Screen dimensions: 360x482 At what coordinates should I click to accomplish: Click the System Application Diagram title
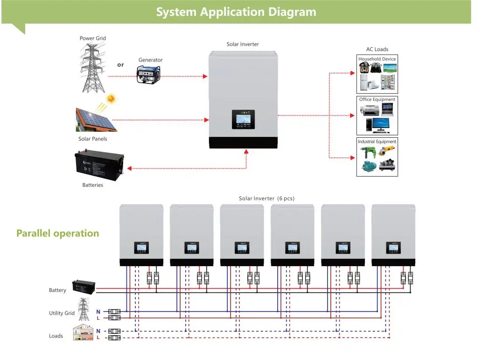[236, 12]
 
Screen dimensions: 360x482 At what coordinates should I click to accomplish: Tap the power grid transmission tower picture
[92, 68]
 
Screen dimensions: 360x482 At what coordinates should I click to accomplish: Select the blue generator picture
[148, 74]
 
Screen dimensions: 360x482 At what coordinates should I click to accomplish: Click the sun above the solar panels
[111, 99]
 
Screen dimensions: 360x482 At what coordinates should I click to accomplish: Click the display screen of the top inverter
[243, 119]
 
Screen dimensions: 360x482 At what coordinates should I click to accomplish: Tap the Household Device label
[377, 59]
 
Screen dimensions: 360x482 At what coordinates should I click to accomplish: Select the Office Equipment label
[377, 99]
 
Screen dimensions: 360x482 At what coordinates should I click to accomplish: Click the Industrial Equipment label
[377, 141]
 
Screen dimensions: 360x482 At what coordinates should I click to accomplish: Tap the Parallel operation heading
[58, 233]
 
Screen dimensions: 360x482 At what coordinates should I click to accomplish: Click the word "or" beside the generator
[120, 65]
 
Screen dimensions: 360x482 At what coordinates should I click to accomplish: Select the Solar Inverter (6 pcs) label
[266, 198]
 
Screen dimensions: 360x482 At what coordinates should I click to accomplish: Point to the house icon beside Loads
[82, 333]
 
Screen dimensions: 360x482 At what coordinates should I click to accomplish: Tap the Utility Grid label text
[62, 313]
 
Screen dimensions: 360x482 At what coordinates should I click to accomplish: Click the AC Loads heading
[377, 49]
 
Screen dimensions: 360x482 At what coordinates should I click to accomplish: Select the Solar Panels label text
[92, 139]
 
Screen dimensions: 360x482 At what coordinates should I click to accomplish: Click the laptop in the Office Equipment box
[387, 109]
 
